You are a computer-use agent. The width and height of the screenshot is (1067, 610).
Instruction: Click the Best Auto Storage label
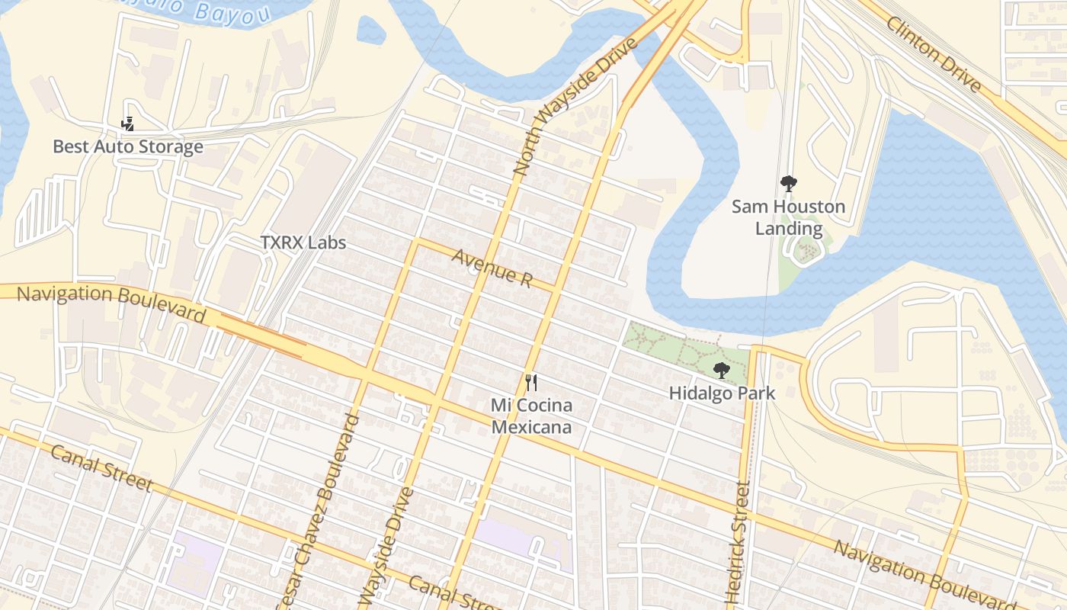[128, 146]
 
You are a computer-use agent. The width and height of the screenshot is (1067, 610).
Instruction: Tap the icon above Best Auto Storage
[128, 124]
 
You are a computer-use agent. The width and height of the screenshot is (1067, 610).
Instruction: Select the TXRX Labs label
[303, 242]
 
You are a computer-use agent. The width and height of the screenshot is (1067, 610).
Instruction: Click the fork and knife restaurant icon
[531, 383]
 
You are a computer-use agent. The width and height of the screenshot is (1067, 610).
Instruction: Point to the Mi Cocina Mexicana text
[531, 416]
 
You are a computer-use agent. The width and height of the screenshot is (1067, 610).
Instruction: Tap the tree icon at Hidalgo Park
[721, 371]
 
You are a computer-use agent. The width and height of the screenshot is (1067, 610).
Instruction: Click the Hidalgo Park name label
[721, 393]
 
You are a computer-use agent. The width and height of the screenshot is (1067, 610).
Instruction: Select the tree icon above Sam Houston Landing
[788, 184]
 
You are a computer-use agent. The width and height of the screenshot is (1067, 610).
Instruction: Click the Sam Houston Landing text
[788, 217]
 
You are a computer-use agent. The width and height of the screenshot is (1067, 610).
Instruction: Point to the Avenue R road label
[492, 268]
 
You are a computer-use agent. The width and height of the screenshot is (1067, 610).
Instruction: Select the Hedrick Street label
[738, 543]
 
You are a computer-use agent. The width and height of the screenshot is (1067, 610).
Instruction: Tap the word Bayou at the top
[223, 11]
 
